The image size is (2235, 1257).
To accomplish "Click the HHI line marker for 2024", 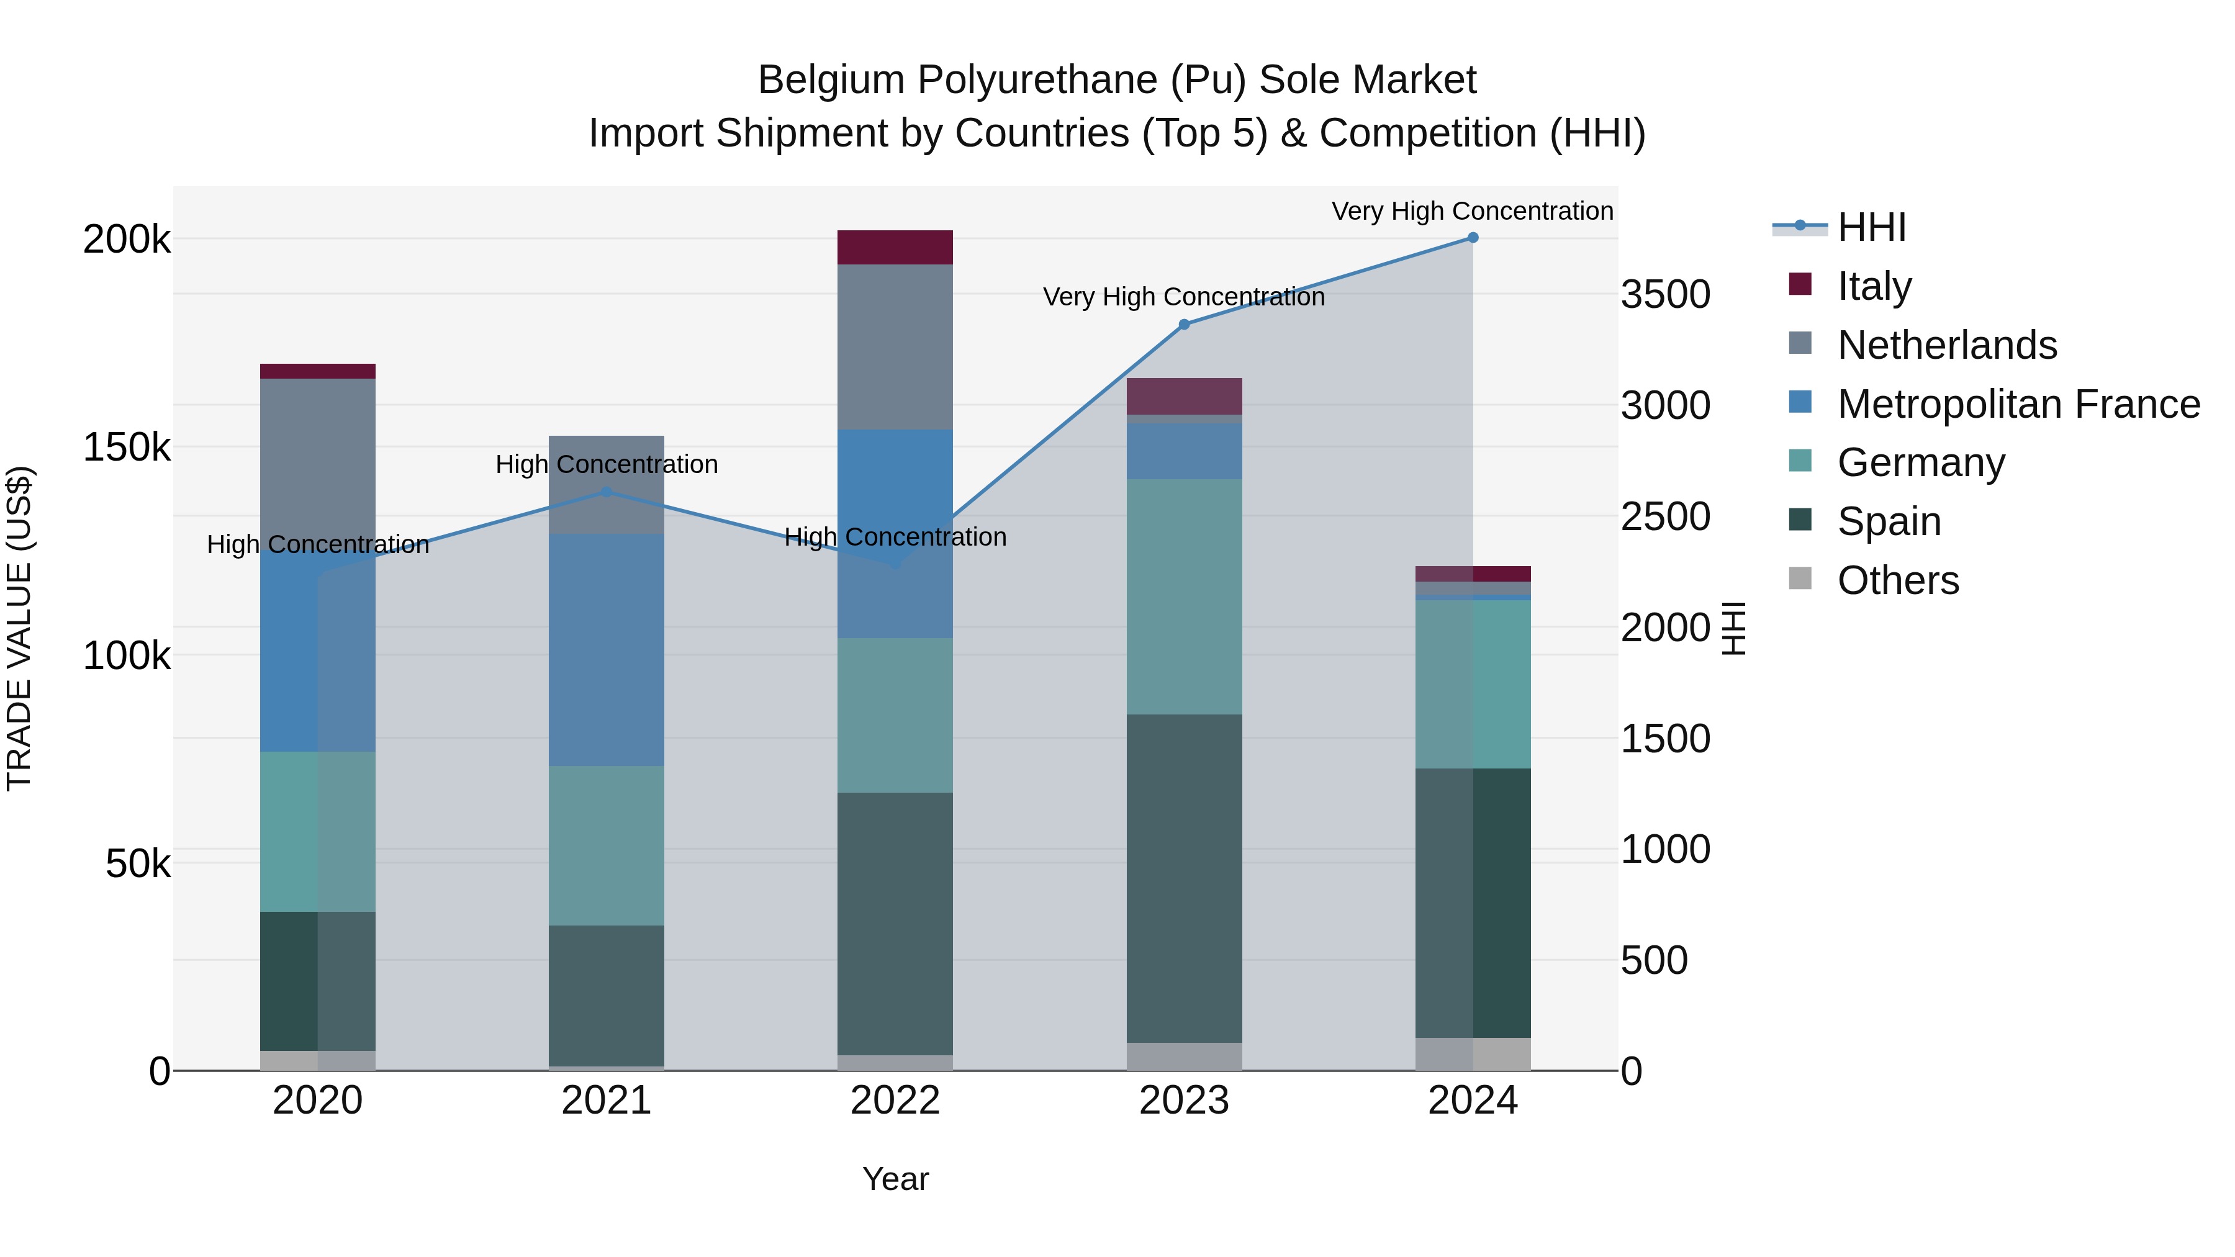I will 1473,238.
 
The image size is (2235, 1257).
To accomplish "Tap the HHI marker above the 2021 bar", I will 607,492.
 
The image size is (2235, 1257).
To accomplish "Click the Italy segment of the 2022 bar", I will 895,247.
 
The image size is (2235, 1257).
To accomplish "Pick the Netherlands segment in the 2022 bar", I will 895,347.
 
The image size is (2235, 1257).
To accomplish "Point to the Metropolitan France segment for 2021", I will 607,650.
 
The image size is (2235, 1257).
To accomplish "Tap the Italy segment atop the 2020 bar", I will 317,371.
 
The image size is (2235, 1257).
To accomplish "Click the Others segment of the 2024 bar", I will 1473,1054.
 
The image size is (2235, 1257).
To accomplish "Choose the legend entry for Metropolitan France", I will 2018,404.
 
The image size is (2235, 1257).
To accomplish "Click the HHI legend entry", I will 1871,227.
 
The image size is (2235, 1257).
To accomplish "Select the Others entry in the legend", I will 1897,580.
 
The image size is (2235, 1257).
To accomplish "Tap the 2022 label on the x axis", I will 895,1101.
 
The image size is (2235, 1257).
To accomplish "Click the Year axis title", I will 895,1179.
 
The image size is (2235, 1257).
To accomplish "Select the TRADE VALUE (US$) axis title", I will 19,628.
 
